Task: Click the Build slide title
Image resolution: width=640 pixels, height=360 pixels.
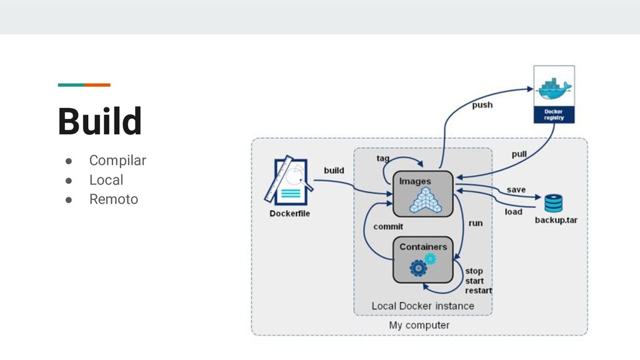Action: tap(99, 121)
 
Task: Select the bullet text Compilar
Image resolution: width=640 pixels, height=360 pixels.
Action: tap(117, 161)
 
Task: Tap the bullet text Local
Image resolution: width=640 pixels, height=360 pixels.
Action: tap(106, 180)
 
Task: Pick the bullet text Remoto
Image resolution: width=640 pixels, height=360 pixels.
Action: tap(114, 199)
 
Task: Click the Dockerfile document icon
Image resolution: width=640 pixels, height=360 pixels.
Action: tap(289, 181)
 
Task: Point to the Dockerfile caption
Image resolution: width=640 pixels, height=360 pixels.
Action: tap(289, 214)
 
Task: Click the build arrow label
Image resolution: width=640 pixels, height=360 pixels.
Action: tap(334, 170)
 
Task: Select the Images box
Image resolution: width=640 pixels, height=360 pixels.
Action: tap(423, 194)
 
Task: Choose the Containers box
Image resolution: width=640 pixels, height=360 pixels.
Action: tap(423, 259)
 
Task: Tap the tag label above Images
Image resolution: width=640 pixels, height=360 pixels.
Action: tap(383, 158)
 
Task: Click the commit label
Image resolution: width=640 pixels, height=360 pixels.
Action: tap(388, 226)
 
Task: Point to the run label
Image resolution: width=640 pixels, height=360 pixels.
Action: tap(476, 223)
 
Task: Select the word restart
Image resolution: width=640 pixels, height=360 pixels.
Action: tap(478, 291)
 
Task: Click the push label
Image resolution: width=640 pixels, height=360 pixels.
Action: tap(482, 105)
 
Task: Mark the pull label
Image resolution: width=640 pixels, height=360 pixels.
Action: tap(519, 154)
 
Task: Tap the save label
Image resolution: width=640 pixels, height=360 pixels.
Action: tap(516, 190)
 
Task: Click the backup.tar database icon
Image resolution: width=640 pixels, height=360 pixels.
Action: tap(554, 203)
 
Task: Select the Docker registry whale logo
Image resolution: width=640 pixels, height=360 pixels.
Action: tap(554, 88)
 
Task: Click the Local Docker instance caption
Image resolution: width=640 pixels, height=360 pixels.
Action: tap(423, 306)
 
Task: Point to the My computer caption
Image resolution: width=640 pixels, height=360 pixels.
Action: tap(419, 325)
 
